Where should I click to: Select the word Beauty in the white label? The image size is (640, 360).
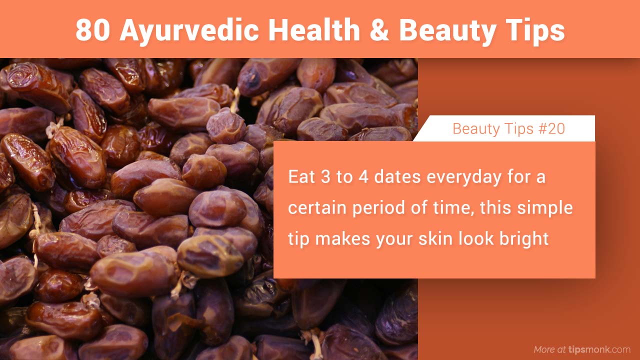click(x=474, y=129)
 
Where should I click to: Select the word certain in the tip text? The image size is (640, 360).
click(x=316, y=208)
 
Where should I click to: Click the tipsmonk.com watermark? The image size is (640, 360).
click(x=599, y=349)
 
